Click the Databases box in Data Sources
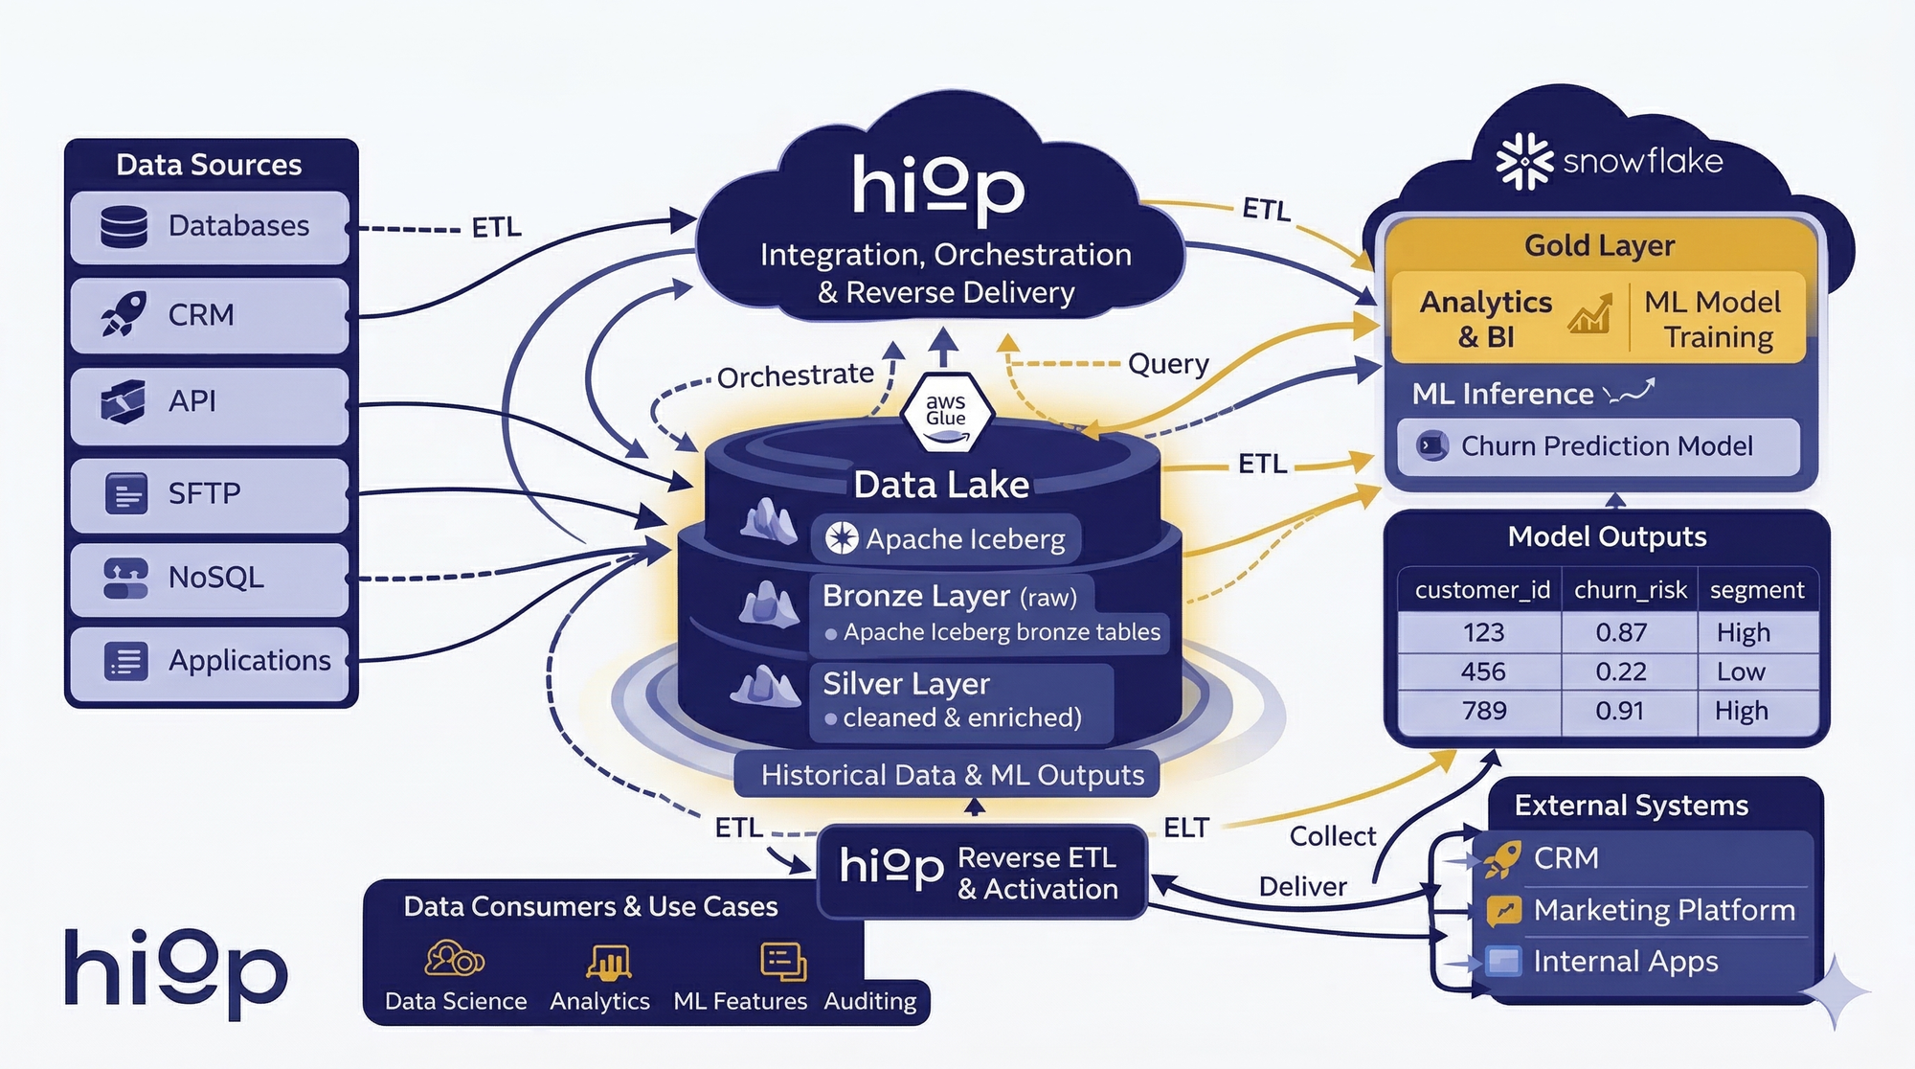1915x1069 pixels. click(x=209, y=227)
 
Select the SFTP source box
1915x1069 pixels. click(x=209, y=494)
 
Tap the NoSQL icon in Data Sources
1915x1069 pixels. click(x=125, y=578)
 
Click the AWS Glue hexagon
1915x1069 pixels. click(x=946, y=412)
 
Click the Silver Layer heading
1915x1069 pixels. click(x=906, y=684)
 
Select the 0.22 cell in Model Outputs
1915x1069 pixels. click(x=1620, y=671)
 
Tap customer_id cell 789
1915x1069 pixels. click(x=1483, y=711)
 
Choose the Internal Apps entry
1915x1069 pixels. click(x=1624, y=961)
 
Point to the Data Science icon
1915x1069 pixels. click(x=454, y=958)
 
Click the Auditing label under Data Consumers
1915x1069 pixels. click(x=869, y=1001)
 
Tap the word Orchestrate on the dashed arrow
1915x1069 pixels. click(x=795, y=376)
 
